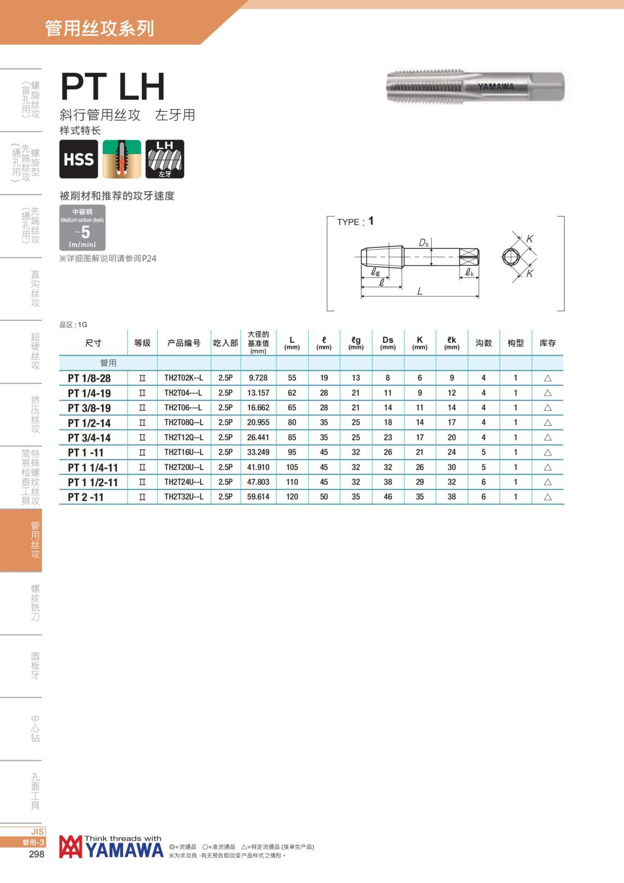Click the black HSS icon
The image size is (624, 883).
tap(79, 159)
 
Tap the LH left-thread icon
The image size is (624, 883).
tap(165, 159)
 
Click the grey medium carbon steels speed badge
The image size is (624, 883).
tap(82, 227)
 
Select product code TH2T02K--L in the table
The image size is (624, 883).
tap(184, 378)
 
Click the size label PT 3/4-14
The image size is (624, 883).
tap(89, 437)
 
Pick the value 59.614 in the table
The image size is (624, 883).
tap(258, 497)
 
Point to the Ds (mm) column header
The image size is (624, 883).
tap(388, 343)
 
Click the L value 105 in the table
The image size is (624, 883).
tap(292, 467)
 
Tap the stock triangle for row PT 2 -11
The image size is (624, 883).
tap(548, 497)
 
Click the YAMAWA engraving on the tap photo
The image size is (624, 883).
tap(496, 87)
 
